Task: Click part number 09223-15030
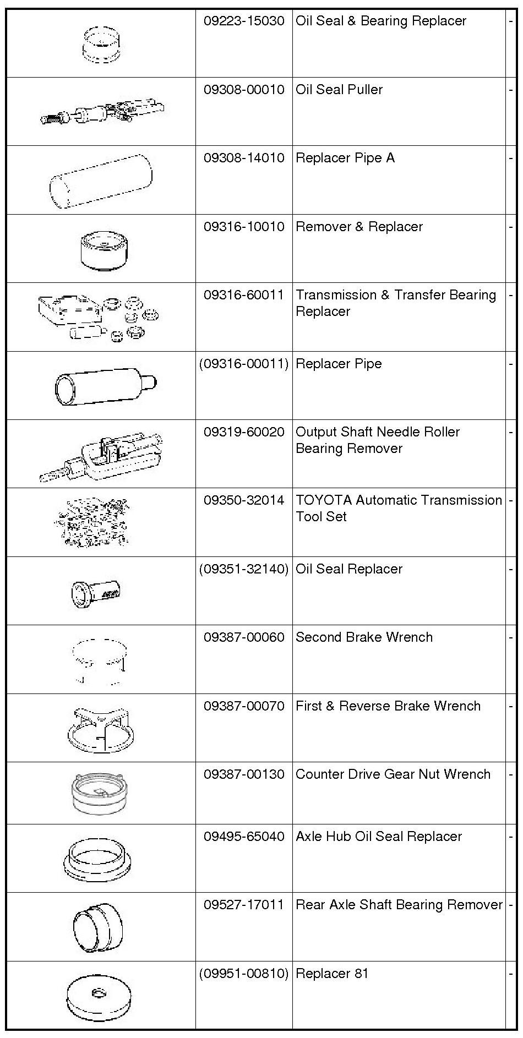coord(244,21)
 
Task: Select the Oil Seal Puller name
coord(339,90)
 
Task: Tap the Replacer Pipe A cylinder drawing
coord(101,180)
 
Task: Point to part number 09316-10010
coord(244,227)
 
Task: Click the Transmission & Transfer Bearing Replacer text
coord(395,303)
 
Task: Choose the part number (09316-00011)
coord(244,364)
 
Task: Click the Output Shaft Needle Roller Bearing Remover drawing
coord(102,455)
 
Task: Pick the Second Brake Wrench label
coord(364,637)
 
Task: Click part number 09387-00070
coord(244,706)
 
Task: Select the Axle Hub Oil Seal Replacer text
coord(379,837)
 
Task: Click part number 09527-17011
coord(244,905)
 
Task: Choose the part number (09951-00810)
coord(244,974)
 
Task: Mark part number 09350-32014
coord(244,500)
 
